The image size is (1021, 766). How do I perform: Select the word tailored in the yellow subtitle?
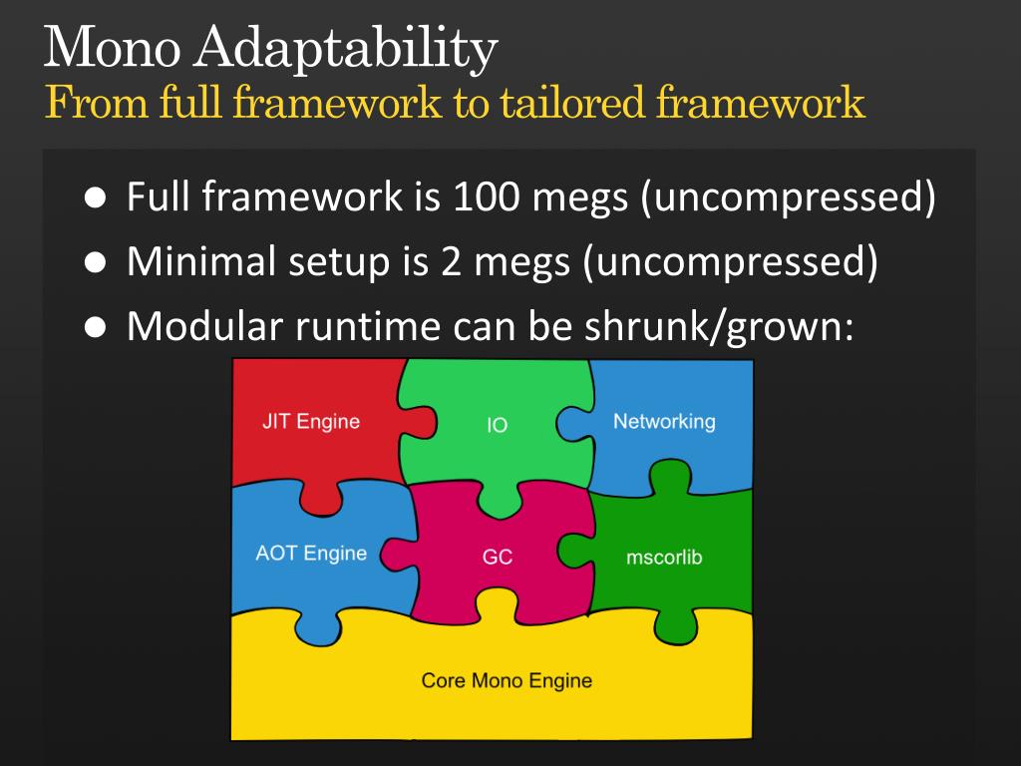pyautogui.click(x=575, y=103)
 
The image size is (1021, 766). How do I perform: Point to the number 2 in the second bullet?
pyautogui.click(x=447, y=261)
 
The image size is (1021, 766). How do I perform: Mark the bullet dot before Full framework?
pyautogui.click(x=95, y=198)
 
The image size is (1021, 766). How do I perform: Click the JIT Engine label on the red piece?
pyautogui.click(x=311, y=421)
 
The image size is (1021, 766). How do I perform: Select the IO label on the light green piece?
pyautogui.click(x=497, y=425)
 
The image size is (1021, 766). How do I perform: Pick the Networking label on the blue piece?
pyautogui.click(x=664, y=421)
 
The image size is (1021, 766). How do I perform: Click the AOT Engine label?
pyautogui.click(x=311, y=553)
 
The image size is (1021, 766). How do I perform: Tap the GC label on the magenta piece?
pyautogui.click(x=497, y=558)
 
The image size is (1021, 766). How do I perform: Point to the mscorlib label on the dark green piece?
pyautogui.click(x=664, y=557)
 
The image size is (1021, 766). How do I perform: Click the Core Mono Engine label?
pyautogui.click(x=507, y=680)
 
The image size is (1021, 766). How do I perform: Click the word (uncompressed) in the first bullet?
pyautogui.click(x=788, y=198)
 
